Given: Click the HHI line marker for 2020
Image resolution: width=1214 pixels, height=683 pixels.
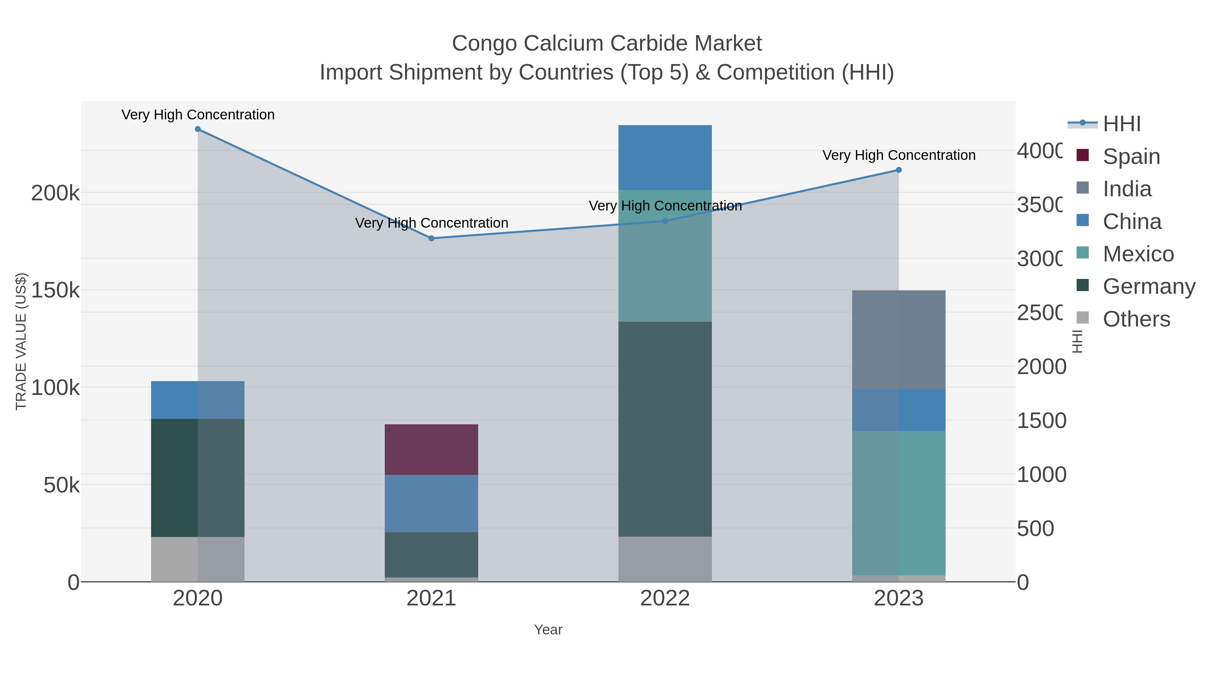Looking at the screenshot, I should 198,129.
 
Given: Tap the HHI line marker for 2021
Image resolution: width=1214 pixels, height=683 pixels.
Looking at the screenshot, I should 431,238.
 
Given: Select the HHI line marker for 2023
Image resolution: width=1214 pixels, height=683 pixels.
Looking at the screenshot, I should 899,170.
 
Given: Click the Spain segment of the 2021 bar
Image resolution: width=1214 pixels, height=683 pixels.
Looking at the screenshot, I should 431,449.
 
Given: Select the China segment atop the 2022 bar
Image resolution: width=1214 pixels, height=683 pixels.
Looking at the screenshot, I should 665,158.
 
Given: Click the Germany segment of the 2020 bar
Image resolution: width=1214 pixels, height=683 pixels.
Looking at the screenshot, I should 198,478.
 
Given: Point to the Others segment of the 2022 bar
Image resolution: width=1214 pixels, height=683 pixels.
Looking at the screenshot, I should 665,559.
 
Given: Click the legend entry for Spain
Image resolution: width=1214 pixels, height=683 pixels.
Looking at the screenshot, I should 1131,156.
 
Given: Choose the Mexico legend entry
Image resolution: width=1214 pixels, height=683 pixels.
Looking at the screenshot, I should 1138,254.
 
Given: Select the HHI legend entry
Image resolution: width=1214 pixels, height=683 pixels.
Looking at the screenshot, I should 1121,124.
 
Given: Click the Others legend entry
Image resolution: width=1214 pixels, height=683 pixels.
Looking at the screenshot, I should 1136,319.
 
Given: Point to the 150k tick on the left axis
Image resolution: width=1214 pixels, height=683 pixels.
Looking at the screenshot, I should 55,290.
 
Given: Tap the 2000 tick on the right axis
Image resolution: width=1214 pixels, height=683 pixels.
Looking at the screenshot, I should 1041,367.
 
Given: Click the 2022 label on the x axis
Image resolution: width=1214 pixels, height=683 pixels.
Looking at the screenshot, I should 665,598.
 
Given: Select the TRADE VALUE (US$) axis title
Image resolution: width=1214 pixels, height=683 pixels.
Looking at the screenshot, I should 21,341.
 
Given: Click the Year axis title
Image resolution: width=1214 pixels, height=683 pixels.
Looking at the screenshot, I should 548,630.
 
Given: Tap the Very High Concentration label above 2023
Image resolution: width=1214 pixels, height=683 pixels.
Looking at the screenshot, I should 899,155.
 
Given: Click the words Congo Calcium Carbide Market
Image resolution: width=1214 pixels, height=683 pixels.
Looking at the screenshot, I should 607,44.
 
